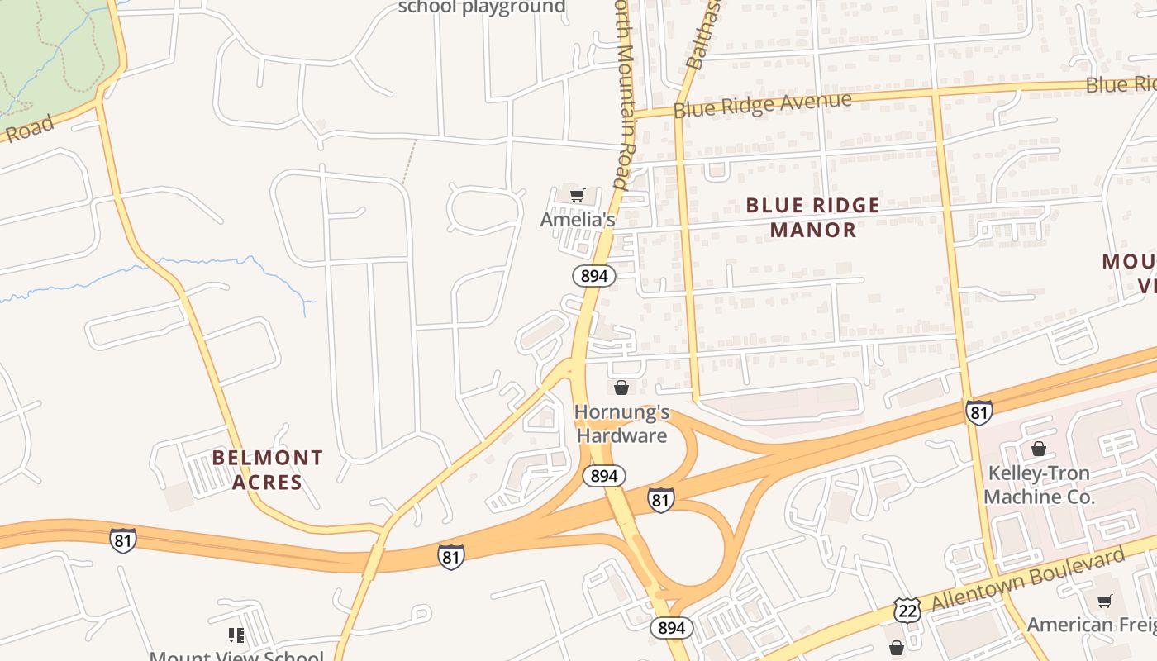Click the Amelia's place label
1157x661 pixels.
(578, 220)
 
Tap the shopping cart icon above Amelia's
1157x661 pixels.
(578, 196)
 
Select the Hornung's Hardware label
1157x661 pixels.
(621, 424)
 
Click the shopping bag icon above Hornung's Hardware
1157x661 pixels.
(621, 387)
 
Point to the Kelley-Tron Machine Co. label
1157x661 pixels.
(1039, 485)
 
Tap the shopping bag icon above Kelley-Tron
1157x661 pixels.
(1039, 449)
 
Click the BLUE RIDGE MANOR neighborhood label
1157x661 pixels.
(813, 217)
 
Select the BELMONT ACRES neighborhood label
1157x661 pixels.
(267, 469)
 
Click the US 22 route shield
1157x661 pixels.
(907, 610)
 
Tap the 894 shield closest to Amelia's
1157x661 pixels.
(593, 275)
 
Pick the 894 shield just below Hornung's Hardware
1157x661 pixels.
(604, 476)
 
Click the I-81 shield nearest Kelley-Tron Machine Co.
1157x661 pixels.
(978, 411)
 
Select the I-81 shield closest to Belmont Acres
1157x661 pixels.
(122, 540)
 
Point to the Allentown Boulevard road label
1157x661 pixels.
(1028, 579)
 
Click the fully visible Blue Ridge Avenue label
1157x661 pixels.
(762, 105)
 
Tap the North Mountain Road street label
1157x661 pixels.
(625, 91)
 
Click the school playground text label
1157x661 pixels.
(482, 7)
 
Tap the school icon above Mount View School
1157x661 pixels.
(236, 635)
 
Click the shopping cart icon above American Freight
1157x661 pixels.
(1105, 601)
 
